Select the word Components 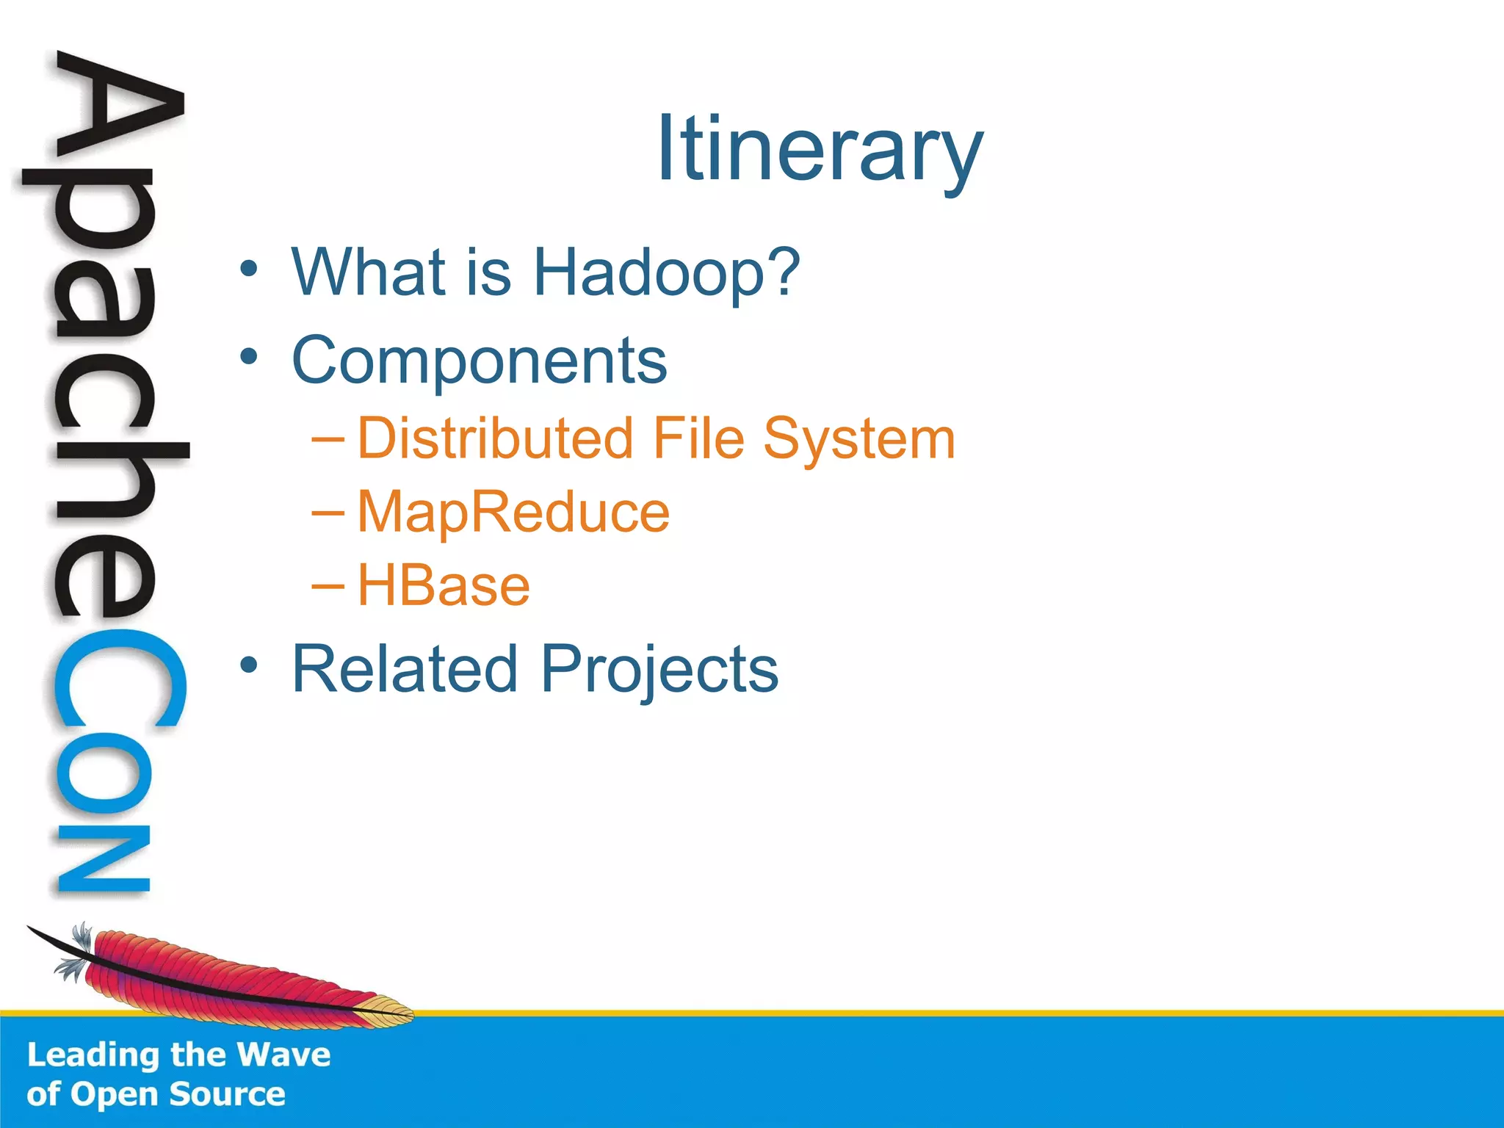(x=479, y=361)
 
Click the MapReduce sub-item (x=513, y=513)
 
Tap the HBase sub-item (x=444, y=586)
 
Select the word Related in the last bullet (x=405, y=668)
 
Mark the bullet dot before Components (x=249, y=357)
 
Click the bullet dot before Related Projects (x=249, y=665)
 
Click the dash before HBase (x=327, y=585)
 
